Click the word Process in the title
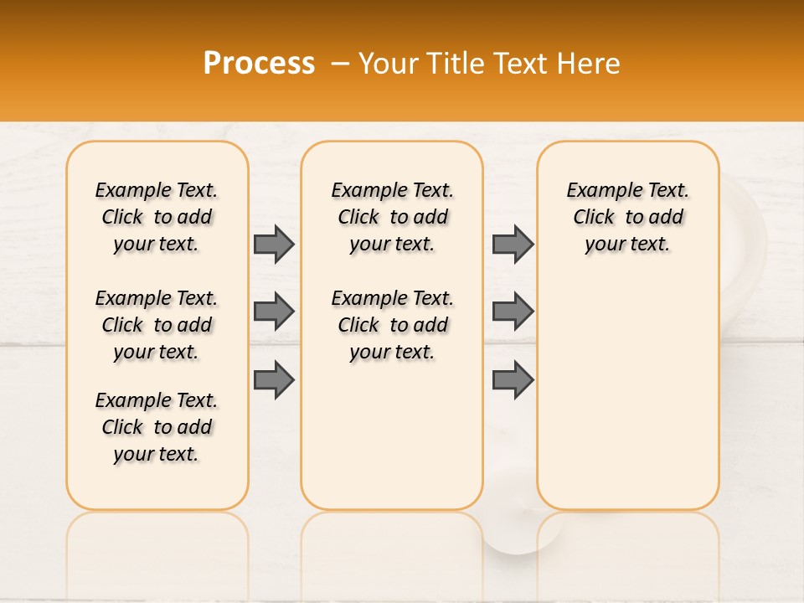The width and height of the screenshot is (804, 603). coord(259,63)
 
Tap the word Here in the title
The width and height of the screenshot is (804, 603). coord(590,64)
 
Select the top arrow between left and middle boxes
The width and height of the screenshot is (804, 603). coord(274,244)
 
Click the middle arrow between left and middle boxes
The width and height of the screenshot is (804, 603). coord(274,312)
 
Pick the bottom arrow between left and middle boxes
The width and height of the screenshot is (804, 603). coord(274,380)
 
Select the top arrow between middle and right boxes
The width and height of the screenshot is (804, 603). coord(513,244)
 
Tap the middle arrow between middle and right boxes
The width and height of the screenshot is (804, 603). coord(513,312)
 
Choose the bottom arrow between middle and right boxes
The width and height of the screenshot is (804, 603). coord(513,380)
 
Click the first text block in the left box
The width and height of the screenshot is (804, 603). coord(157,217)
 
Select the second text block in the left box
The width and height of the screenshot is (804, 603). coord(157,325)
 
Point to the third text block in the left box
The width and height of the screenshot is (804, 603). coord(157,427)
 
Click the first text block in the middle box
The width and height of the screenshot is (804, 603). coord(392,217)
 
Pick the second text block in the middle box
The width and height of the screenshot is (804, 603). coord(392,325)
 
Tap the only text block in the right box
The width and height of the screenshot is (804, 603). coord(628,217)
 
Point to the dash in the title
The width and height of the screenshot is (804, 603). coord(339,64)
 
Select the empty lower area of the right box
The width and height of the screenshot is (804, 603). coord(628,394)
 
